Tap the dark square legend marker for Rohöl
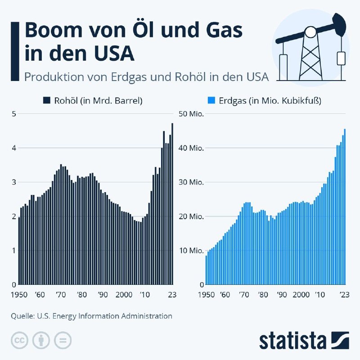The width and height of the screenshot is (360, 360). click(46, 101)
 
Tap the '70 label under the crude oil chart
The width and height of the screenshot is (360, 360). click(60, 295)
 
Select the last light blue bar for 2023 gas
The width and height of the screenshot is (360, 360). click(345, 207)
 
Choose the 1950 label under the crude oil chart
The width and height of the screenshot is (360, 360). click(19, 295)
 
